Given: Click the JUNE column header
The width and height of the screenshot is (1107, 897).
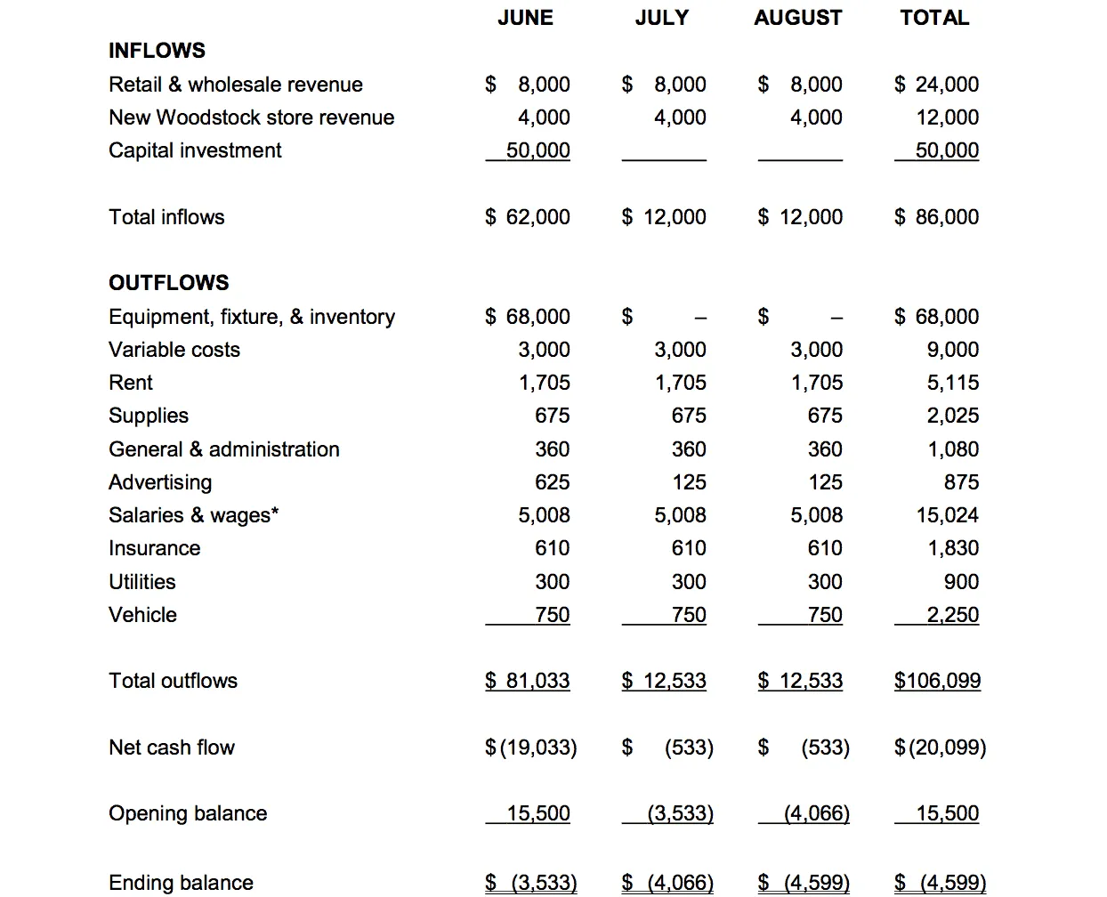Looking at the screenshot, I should coord(525,18).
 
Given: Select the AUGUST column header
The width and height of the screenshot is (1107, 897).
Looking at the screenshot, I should coord(797,18).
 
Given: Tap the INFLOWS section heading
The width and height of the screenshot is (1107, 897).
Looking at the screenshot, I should coord(157,51).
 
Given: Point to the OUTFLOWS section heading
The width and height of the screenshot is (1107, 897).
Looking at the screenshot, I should coord(168,283).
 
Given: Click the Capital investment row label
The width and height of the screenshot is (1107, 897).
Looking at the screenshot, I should coord(195,150).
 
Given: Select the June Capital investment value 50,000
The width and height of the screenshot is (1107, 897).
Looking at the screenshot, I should coord(537,150).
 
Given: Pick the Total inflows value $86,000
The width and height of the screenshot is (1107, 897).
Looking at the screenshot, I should coord(937,217).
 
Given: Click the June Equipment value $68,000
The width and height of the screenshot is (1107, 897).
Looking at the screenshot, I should coord(528,317).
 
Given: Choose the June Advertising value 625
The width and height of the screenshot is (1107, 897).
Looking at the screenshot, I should coord(552,482).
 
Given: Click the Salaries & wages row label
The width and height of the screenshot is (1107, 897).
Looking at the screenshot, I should coord(193,515).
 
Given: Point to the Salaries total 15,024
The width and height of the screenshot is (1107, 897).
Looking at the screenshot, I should coord(947,515).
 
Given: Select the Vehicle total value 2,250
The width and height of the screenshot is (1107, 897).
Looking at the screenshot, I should coord(952,615).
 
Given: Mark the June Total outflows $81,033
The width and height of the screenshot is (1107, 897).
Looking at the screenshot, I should coord(528,681).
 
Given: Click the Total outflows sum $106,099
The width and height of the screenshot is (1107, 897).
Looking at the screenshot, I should coord(937,681).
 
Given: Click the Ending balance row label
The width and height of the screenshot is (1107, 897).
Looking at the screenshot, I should coord(181,883).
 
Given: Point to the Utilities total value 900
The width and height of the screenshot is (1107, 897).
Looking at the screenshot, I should coord(961,582).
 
